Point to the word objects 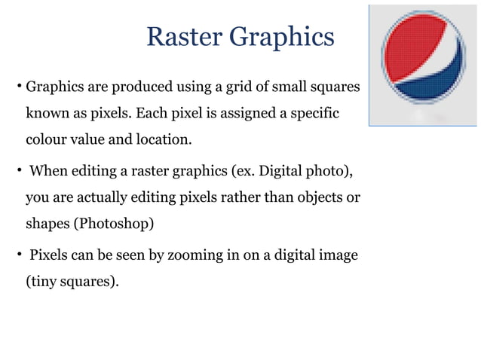pos(319,198)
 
